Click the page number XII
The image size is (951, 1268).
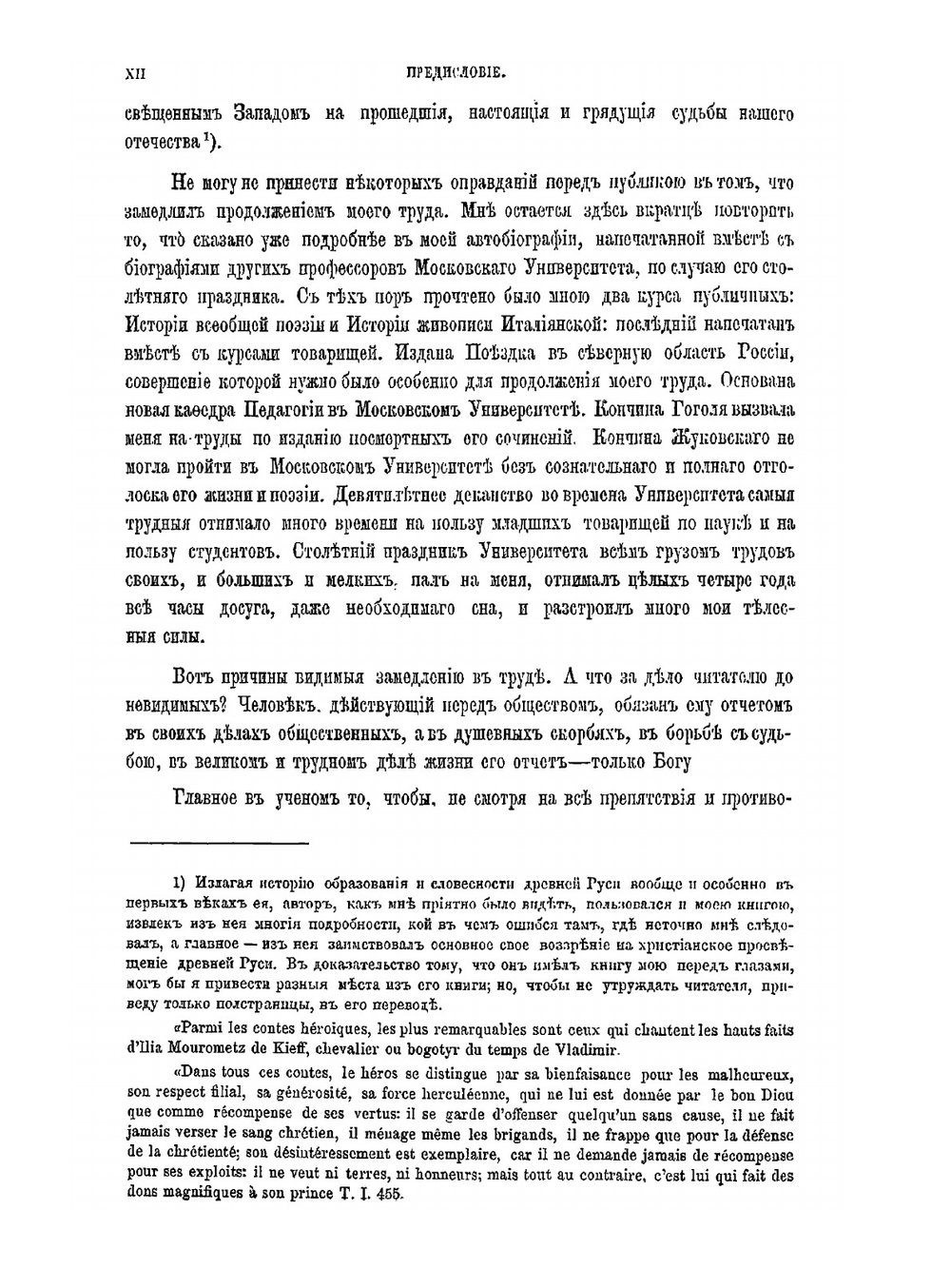coord(134,71)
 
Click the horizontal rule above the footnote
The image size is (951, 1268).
coord(218,843)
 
